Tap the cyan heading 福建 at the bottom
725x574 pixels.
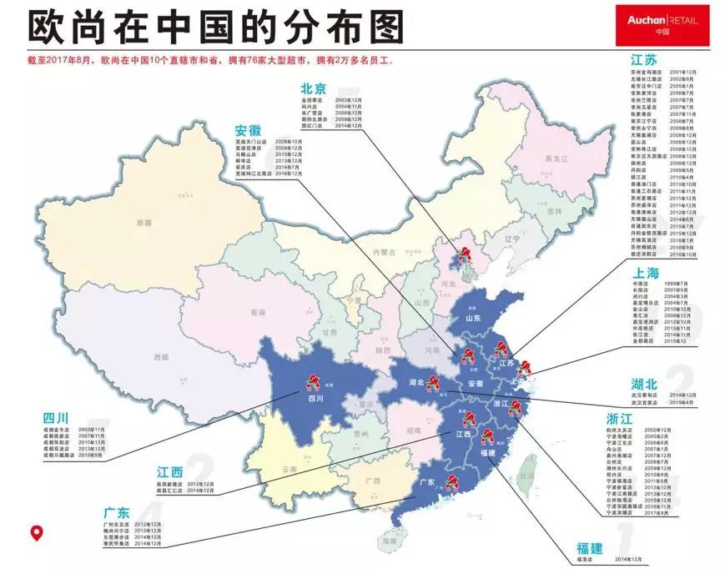pyautogui.click(x=590, y=548)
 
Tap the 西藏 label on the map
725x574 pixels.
pyautogui.click(x=161, y=356)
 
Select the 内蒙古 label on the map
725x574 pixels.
pyautogui.click(x=383, y=250)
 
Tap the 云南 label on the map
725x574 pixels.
pyautogui.click(x=289, y=470)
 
